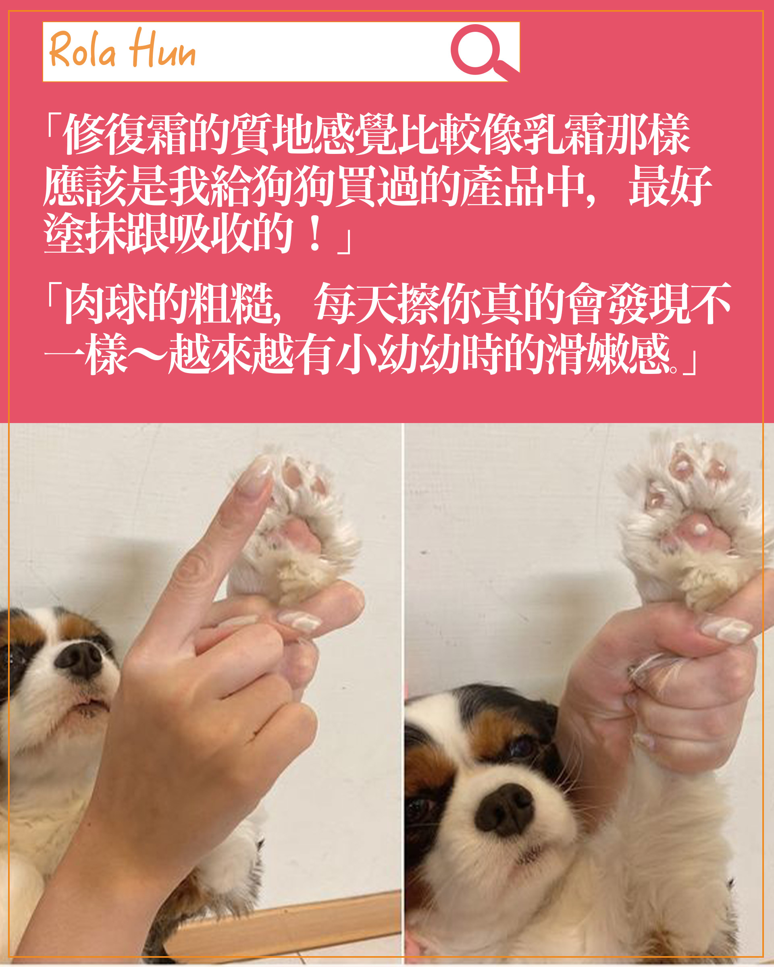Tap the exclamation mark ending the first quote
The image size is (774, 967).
coord(315,234)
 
